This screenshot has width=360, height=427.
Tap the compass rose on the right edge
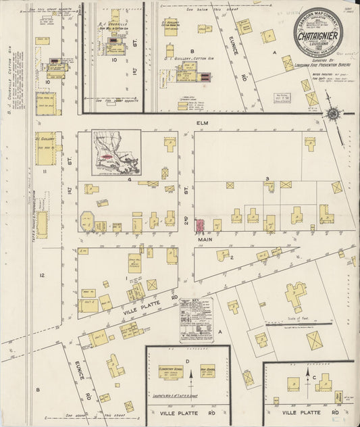333,114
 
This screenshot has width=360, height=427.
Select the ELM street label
201,124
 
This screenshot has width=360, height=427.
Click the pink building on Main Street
200,224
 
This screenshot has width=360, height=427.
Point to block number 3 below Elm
267,178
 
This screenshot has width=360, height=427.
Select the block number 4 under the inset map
129,179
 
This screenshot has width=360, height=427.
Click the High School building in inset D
207,370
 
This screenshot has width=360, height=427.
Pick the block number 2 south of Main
231,257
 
